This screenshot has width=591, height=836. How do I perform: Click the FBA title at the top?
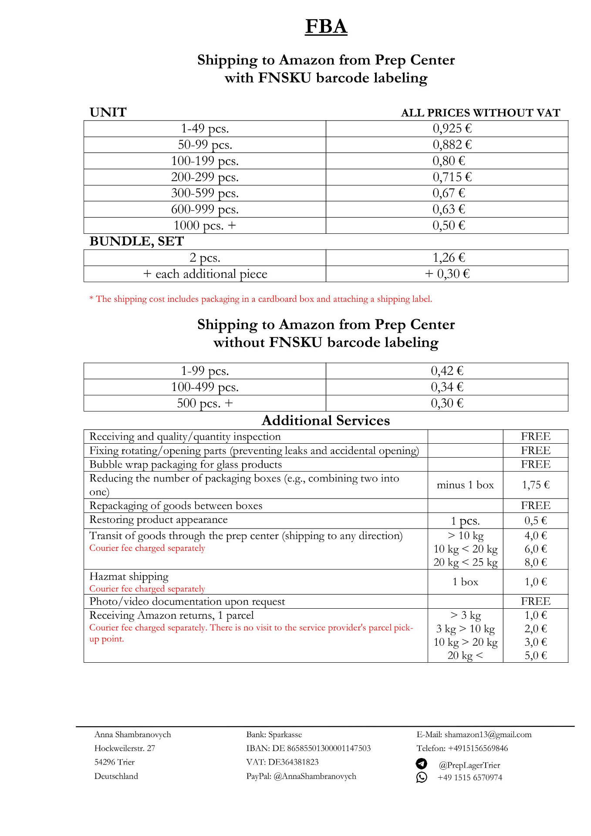click(326, 27)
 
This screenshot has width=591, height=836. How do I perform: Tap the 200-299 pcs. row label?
click(205, 177)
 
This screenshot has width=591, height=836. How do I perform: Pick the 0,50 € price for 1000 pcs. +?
click(449, 226)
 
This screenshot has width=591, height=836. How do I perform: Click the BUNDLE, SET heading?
click(137, 241)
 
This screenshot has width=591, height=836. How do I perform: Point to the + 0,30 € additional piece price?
click(447, 274)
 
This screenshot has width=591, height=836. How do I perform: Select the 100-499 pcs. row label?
click(205, 387)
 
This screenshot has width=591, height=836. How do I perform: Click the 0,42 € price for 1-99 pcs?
click(447, 371)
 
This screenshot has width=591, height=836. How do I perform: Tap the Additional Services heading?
click(326, 421)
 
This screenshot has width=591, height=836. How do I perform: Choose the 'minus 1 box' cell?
click(465, 485)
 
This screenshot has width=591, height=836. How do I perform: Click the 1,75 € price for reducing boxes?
click(536, 485)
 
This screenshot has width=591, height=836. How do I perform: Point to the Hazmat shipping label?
click(129, 576)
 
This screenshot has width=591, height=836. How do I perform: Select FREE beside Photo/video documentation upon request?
click(536, 601)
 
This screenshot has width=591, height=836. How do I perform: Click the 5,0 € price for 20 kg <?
click(536, 655)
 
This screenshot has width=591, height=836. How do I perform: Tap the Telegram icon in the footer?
click(422, 764)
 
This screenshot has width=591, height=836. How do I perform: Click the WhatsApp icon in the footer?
click(422, 777)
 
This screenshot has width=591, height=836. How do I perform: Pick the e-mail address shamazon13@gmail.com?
click(488, 735)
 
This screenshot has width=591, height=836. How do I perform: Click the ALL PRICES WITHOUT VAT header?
click(480, 113)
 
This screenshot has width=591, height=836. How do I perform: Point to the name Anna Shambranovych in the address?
click(132, 735)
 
